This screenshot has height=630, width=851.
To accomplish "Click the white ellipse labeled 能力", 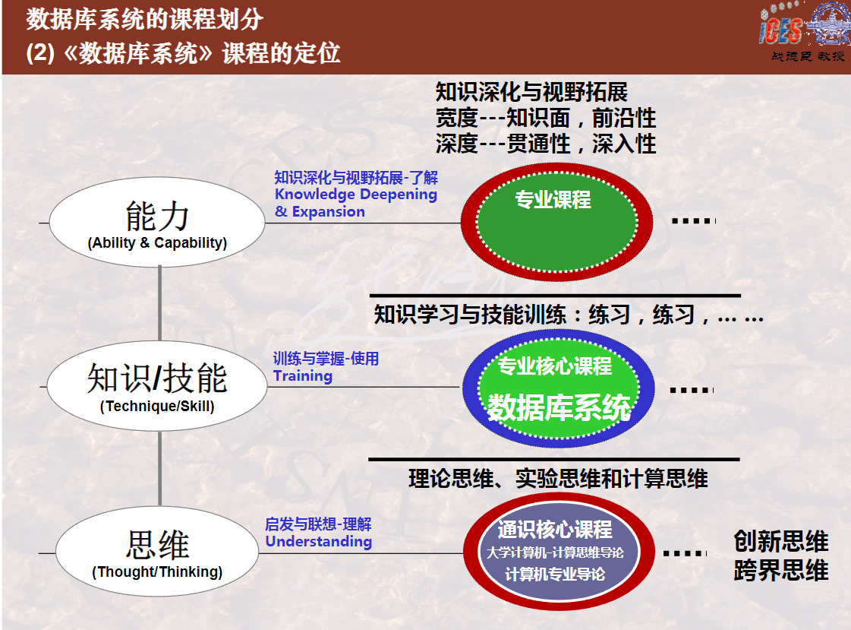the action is coord(157,222).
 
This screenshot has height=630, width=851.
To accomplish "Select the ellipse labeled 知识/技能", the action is coord(157,386).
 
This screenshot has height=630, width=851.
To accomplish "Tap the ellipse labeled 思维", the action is coord(157,552).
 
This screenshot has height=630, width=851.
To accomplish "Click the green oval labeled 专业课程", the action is coord(557,222).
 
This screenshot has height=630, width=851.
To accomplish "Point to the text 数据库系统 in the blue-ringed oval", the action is coord(559,407).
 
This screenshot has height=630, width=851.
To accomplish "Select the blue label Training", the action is coord(303,376).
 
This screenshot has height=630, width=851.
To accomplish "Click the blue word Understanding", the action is coord(319,542).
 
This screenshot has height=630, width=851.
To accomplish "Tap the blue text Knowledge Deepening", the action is coord(356,195).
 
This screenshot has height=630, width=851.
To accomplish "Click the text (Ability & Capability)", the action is coord(157,242).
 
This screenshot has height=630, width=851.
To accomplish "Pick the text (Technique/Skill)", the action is coord(157,407).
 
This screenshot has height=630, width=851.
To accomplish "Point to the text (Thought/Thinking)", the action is coord(157,572).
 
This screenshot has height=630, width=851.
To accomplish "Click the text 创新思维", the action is coord(781,541).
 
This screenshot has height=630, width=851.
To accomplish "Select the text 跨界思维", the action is coord(781,570).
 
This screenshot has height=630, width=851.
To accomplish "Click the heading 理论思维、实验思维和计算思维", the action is coord(559,479).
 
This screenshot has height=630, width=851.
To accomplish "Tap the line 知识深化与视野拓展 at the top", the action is coord(531,92).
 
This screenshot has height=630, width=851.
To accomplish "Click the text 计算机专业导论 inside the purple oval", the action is coord(555,574).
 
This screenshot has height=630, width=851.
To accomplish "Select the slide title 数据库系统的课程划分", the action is coord(145,19).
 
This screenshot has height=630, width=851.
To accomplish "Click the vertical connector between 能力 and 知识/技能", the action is coord(159,303).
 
